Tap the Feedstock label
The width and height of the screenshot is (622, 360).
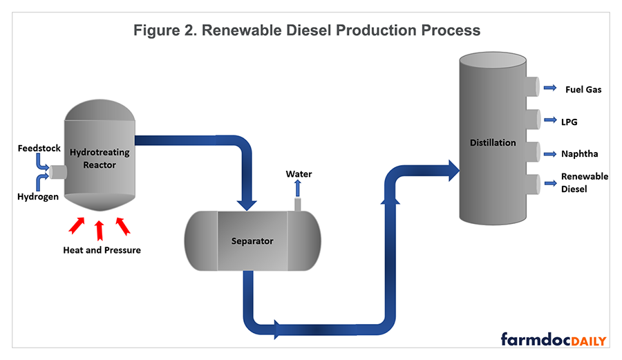pyautogui.click(x=39, y=149)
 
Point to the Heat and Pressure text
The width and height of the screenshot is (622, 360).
pyautogui.click(x=102, y=250)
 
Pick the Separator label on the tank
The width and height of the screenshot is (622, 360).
pyautogui.click(x=252, y=241)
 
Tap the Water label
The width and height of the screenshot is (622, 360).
pyautogui.click(x=299, y=173)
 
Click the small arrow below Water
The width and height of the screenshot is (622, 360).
pyautogui.click(x=298, y=189)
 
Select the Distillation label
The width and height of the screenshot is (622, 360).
pyautogui.click(x=493, y=143)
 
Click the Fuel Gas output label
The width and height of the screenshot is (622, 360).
pyautogui.click(x=583, y=89)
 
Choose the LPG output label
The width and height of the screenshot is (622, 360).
pyautogui.click(x=569, y=122)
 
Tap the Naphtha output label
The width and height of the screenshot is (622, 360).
pyautogui.click(x=579, y=154)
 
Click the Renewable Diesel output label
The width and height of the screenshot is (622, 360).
pyautogui.click(x=584, y=182)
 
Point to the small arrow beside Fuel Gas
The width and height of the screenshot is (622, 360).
pyautogui.click(x=550, y=88)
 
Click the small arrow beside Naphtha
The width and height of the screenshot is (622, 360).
pyautogui.click(x=550, y=153)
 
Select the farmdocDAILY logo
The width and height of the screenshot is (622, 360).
pyautogui.click(x=554, y=340)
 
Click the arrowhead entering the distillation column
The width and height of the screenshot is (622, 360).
pyautogui.click(x=453, y=170)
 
